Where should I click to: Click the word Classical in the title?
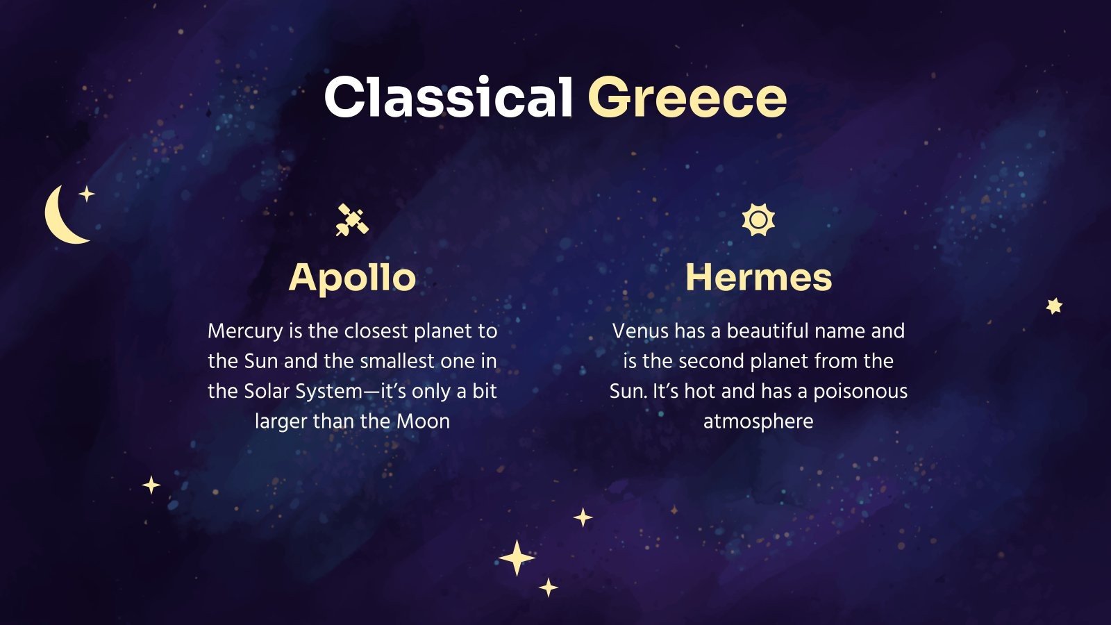point(448,97)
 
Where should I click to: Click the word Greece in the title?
point(687,98)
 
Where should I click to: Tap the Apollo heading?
point(352,278)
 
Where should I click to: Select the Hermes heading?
point(758,278)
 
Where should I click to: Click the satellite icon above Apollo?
point(352,220)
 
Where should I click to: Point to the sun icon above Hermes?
point(758,220)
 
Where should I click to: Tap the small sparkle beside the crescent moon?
point(87,194)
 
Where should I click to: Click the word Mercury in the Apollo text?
point(245,331)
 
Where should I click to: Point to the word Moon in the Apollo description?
point(423,422)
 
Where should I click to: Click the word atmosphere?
point(758,422)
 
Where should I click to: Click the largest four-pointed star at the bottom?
point(517,558)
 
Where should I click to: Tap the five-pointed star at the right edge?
point(1054,306)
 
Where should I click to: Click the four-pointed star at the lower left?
point(151,485)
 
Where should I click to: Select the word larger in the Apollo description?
point(281,422)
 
